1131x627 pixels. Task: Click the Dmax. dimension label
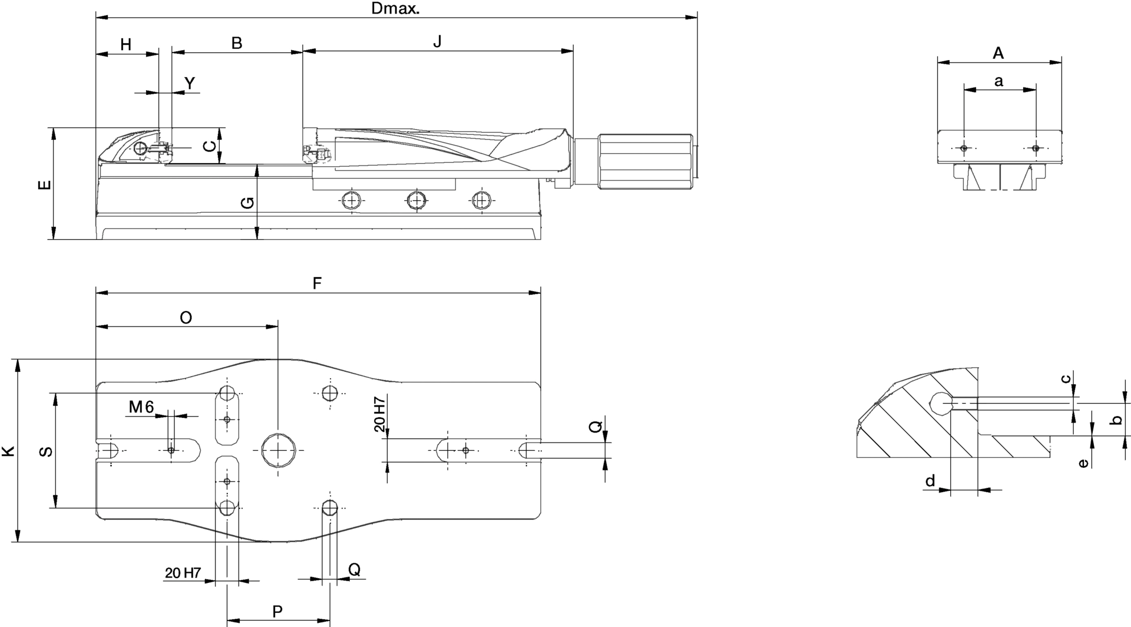point(395,9)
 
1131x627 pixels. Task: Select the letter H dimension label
point(126,44)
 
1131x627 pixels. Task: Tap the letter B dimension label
point(236,43)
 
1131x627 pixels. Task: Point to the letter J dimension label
point(437,42)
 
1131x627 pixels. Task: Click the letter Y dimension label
point(190,84)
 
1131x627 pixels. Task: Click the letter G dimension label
point(249,202)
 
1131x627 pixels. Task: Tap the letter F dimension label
point(317,283)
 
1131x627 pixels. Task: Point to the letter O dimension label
point(186,318)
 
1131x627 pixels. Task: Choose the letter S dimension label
point(46,451)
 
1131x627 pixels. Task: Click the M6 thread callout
point(141,407)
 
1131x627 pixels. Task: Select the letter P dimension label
point(277,611)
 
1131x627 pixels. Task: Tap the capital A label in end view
point(998,53)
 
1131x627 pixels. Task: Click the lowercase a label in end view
point(998,81)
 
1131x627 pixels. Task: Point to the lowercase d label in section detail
point(930,481)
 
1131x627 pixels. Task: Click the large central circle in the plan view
point(279,450)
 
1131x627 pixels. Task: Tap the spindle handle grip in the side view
point(645,162)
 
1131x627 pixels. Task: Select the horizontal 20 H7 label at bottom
point(183,573)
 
